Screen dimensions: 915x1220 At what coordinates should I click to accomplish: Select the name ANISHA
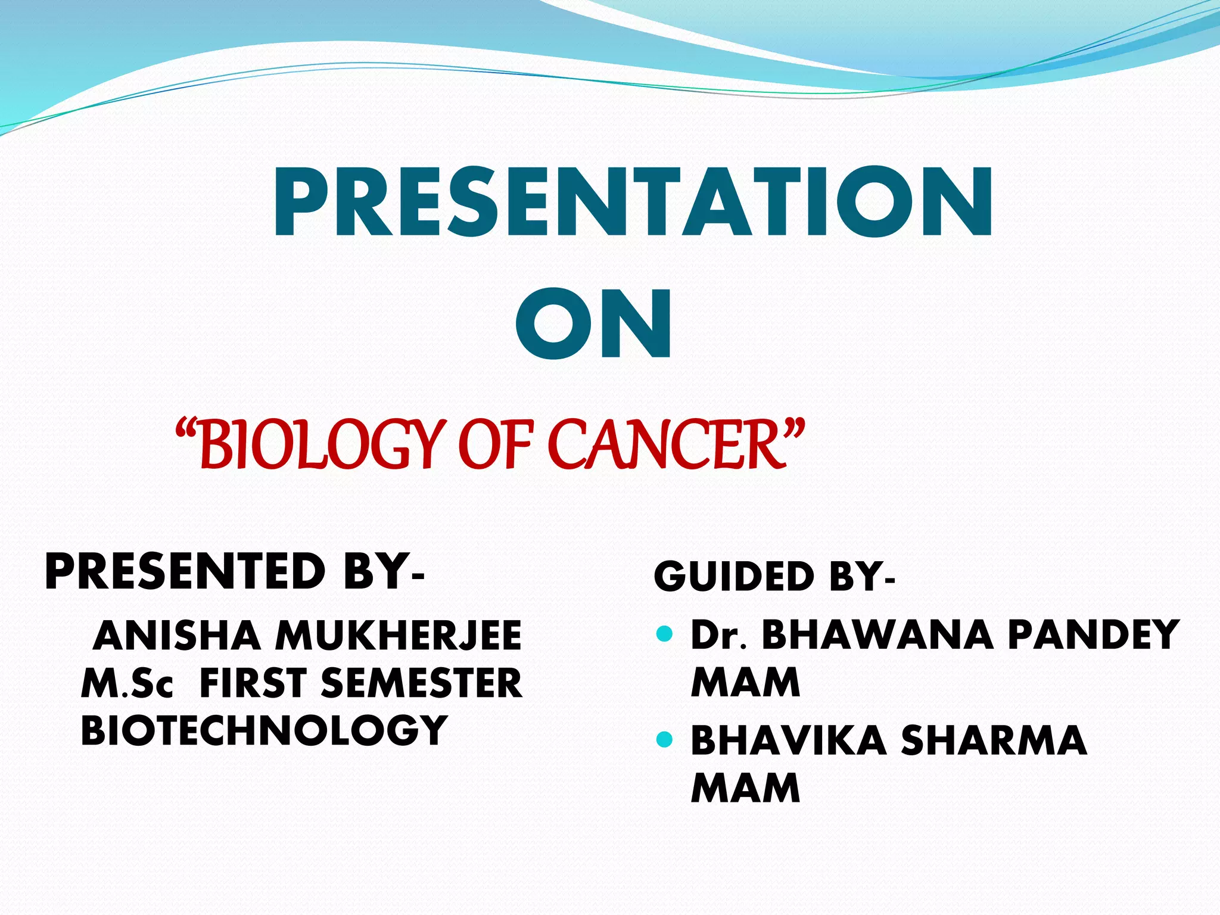click(x=177, y=636)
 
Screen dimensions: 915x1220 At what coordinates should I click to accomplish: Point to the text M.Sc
click(x=127, y=683)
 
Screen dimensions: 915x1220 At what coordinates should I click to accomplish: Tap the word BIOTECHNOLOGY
click(x=264, y=730)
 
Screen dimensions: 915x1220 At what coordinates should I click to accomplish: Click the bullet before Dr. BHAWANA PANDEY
click(x=664, y=633)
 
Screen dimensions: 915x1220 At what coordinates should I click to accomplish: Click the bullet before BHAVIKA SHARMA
click(x=664, y=740)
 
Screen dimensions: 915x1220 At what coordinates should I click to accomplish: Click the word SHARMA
click(x=994, y=740)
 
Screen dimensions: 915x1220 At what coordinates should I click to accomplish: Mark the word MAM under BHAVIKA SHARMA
click(x=745, y=788)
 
